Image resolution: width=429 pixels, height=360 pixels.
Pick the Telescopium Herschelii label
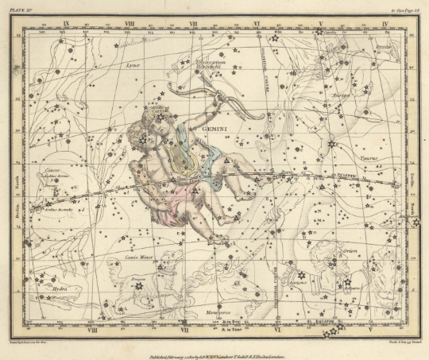click(211, 64)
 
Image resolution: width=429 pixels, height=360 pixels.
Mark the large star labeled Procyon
click(139, 285)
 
